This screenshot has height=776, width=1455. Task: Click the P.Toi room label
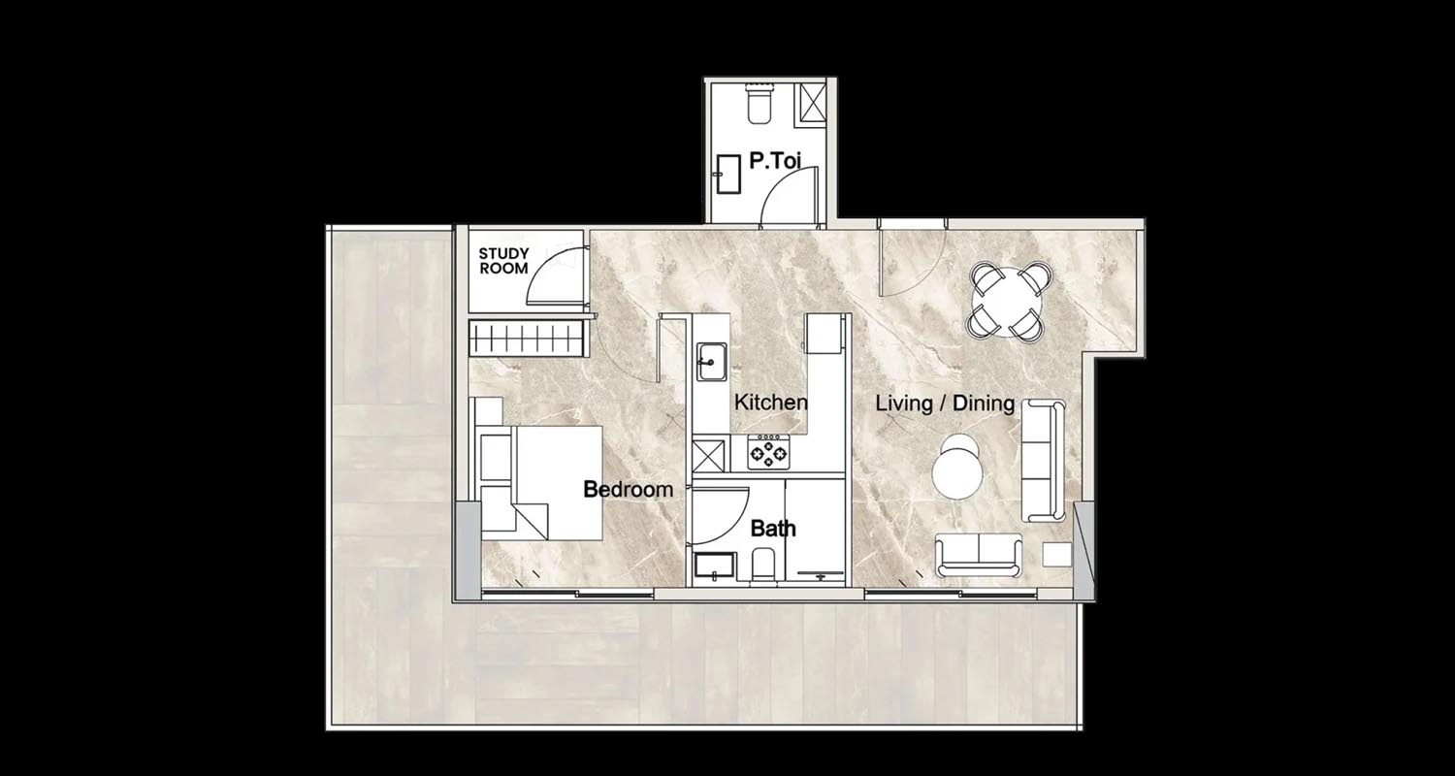click(x=775, y=160)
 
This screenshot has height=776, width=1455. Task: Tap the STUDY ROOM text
click(x=503, y=260)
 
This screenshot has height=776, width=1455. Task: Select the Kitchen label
click(x=771, y=402)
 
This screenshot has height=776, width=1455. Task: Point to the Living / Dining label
click(x=945, y=404)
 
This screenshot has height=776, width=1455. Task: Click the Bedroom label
click(x=629, y=489)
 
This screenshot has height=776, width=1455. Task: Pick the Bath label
click(x=773, y=529)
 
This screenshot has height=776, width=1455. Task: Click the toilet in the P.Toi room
click(x=758, y=104)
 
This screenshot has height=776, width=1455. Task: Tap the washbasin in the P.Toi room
click(x=728, y=174)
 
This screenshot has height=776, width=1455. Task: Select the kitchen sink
click(x=712, y=362)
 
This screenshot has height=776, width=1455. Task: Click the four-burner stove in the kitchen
click(x=768, y=452)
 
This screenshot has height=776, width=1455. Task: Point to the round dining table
click(x=1006, y=301)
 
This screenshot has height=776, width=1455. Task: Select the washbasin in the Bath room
click(x=715, y=566)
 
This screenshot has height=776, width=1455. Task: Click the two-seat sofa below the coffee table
click(x=978, y=555)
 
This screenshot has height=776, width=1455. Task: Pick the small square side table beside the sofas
click(x=1057, y=555)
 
